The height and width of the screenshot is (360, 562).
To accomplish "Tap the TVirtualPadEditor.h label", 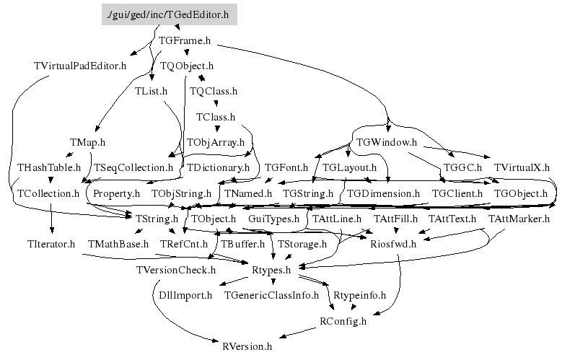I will (80, 66).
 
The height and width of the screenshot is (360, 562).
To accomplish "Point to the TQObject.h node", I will (187, 66).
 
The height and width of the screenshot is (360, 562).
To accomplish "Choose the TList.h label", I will (151, 92).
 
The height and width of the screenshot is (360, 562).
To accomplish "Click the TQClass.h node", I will (213, 92).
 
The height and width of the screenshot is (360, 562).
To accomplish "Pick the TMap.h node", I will (87, 142).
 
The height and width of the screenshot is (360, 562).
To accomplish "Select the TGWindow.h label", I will (387, 142).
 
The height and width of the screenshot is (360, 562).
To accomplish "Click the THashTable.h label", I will (49, 167).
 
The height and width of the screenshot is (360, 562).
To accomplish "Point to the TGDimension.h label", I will (383, 194).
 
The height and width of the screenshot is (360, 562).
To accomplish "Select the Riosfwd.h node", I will (392, 244).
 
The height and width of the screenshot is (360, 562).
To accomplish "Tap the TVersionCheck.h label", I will (175, 270).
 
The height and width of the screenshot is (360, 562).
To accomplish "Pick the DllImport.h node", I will (185, 295).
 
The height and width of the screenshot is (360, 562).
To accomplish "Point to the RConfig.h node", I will (343, 321).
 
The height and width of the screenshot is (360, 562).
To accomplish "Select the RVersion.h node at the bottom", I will (247, 346).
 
